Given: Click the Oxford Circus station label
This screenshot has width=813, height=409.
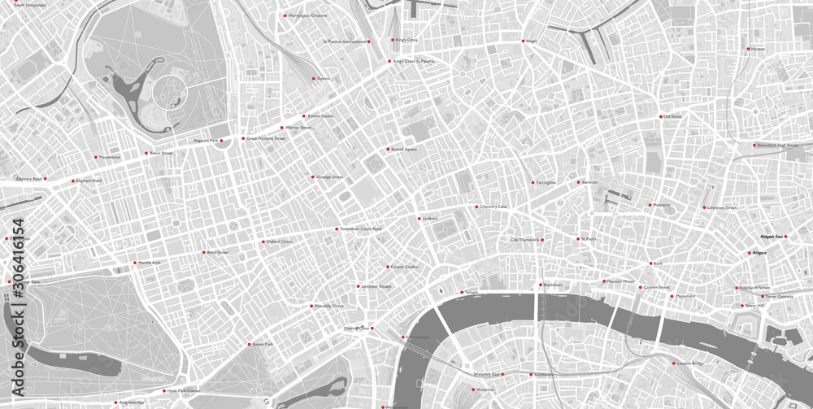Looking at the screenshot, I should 280,241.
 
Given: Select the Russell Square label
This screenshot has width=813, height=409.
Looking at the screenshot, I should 404,150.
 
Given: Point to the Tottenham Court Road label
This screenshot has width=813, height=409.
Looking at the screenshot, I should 361,229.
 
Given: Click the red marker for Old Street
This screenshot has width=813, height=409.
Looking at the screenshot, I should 660,116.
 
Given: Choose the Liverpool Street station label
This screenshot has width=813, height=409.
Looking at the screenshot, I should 721,207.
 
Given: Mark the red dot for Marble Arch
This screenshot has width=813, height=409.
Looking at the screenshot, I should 135,263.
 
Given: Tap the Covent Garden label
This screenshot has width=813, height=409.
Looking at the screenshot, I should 404,267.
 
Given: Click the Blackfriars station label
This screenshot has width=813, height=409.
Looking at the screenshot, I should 553,285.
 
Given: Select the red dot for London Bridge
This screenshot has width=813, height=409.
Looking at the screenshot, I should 673,363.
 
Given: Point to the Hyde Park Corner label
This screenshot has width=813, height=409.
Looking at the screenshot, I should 183,391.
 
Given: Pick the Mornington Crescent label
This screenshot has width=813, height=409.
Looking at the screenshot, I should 307,15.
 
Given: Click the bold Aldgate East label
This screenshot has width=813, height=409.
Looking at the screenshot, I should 771,237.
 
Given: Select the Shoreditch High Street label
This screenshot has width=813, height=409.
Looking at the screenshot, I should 778,146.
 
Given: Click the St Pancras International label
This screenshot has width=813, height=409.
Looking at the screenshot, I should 345,41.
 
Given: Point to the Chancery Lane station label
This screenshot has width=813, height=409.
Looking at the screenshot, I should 493,207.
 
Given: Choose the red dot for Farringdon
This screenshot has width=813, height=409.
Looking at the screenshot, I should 533,182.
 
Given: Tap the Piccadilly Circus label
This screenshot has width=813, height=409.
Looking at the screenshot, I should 328,306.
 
